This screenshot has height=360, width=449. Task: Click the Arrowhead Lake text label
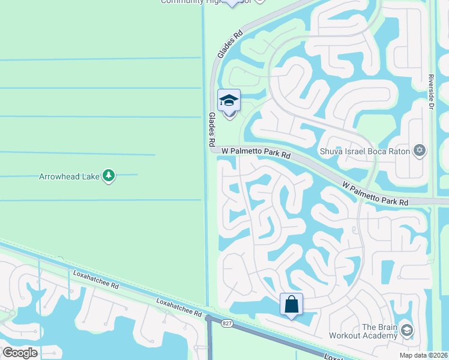(x=69, y=176)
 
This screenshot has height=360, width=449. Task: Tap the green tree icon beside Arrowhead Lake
(x=109, y=176)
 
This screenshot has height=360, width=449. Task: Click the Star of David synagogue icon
(x=420, y=151)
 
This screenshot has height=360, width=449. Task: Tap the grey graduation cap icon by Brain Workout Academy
(x=407, y=330)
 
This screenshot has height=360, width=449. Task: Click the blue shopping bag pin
(x=291, y=304)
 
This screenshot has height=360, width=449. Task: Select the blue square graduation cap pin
(x=229, y=101)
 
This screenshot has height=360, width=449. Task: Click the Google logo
(x=20, y=353)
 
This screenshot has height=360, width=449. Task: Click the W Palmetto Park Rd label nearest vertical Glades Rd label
(x=256, y=154)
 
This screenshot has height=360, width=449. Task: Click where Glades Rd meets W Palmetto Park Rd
(x=213, y=150)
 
